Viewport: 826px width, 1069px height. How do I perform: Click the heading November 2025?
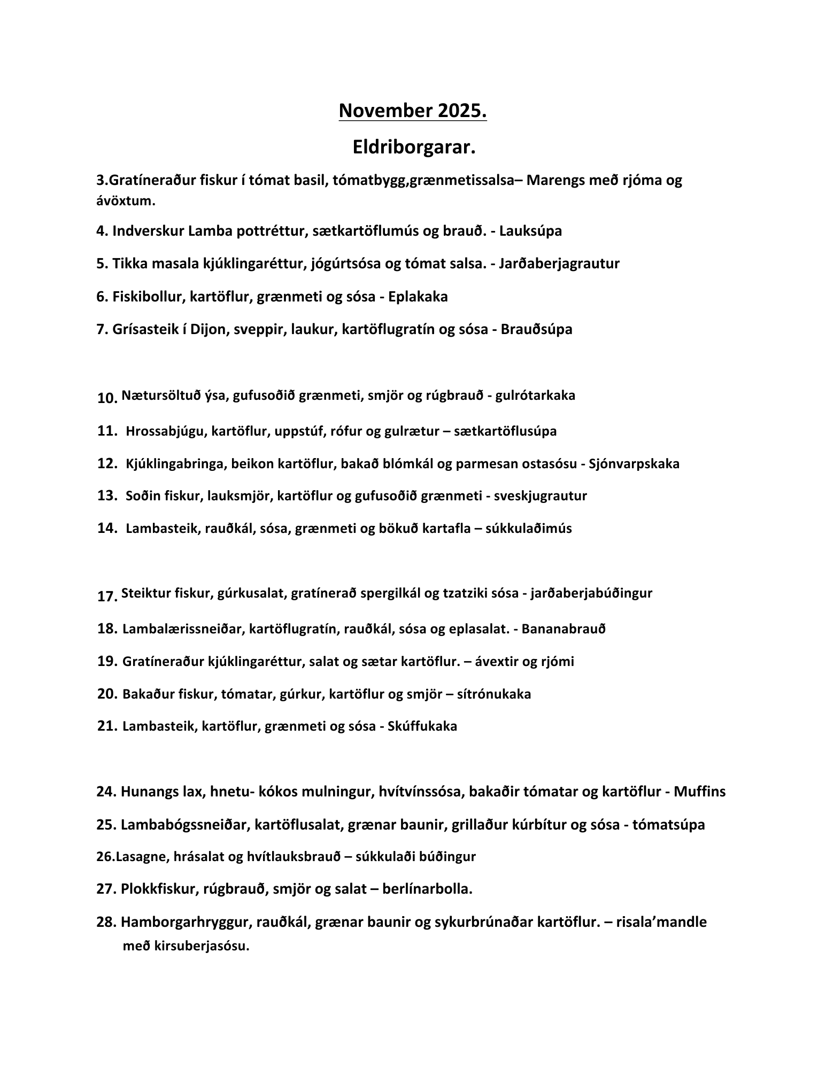[x=412, y=111]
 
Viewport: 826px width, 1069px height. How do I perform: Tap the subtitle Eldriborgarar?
[x=413, y=148]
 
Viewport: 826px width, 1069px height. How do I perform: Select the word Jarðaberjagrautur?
[x=559, y=264]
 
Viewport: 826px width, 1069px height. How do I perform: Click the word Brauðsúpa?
[x=536, y=329]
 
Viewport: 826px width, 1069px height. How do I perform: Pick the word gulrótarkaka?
[x=535, y=395]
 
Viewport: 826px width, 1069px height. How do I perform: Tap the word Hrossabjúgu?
[x=165, y=431]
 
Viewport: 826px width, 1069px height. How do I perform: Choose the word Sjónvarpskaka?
[x=634, y=463]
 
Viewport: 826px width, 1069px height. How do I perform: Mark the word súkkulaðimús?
[x=528, y=528]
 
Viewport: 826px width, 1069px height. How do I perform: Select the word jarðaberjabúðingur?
[x=591, y=593]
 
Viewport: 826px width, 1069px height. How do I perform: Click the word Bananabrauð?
[x=563, y=629]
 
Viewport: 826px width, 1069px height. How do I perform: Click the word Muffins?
[x=699, y=791]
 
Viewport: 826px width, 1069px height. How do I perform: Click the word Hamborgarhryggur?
[x=186, y=922]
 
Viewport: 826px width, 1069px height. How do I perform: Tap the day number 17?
[x=107, y=597]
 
